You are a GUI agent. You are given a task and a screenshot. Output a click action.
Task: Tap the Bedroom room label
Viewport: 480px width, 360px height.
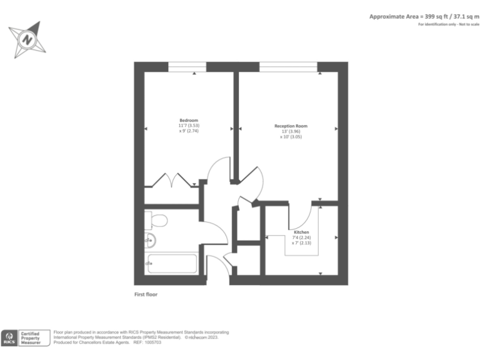coord(189,120)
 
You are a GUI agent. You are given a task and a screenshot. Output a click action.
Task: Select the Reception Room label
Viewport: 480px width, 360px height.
coord(291,126)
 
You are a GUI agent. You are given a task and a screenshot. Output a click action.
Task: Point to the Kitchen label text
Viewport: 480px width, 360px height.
coord(301,232)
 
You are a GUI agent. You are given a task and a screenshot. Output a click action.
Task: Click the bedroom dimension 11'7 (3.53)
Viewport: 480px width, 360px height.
coord(189,126)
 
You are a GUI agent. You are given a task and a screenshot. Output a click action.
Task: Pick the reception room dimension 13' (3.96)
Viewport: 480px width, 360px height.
coord(291,131)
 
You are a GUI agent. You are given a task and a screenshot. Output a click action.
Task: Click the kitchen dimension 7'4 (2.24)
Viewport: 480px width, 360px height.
coord(301,237)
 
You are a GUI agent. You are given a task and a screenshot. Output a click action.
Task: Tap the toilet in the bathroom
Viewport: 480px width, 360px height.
coord(157,220)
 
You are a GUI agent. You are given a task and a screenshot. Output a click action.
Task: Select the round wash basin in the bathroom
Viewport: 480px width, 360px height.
coord(151,239)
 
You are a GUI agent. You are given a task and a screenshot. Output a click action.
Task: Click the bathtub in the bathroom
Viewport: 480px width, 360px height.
coord(171,263)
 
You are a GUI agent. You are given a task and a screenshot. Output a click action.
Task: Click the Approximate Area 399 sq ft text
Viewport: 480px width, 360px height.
coord(424,16)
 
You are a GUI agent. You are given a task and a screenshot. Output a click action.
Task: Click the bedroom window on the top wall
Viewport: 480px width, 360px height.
coord(187,66)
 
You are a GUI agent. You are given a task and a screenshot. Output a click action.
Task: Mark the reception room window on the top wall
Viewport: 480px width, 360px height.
coord(288,66)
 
